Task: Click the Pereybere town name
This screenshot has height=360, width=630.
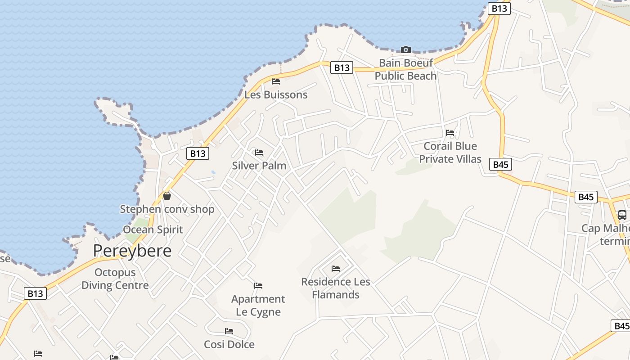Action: click(x=132, y=251)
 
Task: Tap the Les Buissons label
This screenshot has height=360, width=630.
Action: click(x=276, y=94)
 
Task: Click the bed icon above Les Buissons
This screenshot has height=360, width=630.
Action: click(x=276, y=81)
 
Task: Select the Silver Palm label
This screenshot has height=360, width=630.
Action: click(x=259, y=165)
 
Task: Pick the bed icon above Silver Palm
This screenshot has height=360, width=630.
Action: click(x=259, y=153)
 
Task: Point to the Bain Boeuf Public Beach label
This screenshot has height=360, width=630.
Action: click(x=406, y=69)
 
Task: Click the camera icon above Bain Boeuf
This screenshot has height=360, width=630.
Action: click(x=406, y=49)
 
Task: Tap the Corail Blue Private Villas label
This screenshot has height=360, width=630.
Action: click(x=450, y=153)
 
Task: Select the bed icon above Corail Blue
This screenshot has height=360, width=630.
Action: click(x=450, y=133)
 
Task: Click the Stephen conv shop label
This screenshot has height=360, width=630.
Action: click(x=167, y=209)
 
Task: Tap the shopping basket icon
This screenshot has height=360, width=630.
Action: click(x=167, y=196)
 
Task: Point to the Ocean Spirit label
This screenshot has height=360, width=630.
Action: click(x=153, y=229)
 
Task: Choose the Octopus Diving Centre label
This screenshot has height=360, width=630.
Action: click(x=115, y=279)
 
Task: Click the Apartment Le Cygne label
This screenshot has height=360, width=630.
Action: click(x=258, y=305)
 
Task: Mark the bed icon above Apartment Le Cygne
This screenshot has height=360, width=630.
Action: click(x=258, y=286)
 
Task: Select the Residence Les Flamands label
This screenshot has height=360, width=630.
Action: click(x=336, y=288)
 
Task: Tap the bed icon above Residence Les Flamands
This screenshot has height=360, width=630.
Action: click(x=336, y=269)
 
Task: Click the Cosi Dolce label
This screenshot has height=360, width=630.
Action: click(x=229, y=344)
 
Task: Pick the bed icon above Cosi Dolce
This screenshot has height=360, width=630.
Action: click(x=229, y=331)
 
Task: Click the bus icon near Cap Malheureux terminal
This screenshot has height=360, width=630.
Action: click(x=622, y=215)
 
